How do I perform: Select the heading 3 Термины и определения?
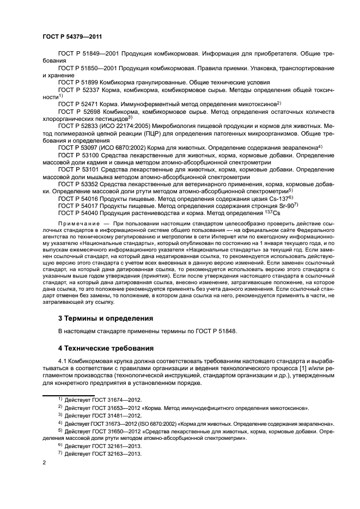coord(105,318)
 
